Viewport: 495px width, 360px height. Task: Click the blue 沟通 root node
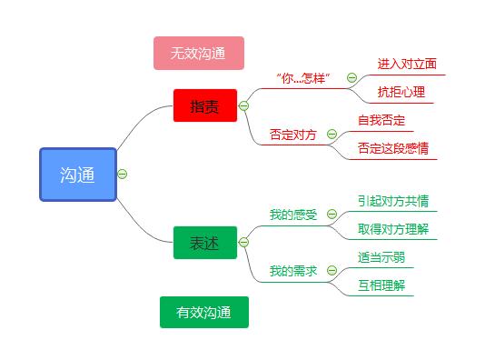(78, 175)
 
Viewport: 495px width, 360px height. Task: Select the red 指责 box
(204, 105)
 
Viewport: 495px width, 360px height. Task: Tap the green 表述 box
(204, 243)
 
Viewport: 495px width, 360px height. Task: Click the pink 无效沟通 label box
(198, 53)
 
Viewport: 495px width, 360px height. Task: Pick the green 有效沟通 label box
(203, 312)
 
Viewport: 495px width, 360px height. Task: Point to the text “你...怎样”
(302, 78)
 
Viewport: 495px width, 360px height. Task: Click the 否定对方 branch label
(293, 134)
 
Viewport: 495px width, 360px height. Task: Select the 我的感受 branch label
(293, 215)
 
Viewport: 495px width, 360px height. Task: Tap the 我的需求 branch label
(293, 270)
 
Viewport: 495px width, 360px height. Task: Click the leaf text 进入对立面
(407, 64)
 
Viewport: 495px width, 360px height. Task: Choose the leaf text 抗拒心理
(401, 92)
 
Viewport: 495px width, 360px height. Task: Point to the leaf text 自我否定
(381, 120)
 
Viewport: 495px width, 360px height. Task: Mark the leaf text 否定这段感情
(393, 148)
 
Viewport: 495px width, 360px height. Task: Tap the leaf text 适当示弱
(381, 257)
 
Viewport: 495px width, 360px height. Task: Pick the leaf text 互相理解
(381, 285)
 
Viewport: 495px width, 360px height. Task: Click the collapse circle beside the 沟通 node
(123, 174)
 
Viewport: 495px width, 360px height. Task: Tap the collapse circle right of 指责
(243, 105)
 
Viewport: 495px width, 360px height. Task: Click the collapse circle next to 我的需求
(332, 270)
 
